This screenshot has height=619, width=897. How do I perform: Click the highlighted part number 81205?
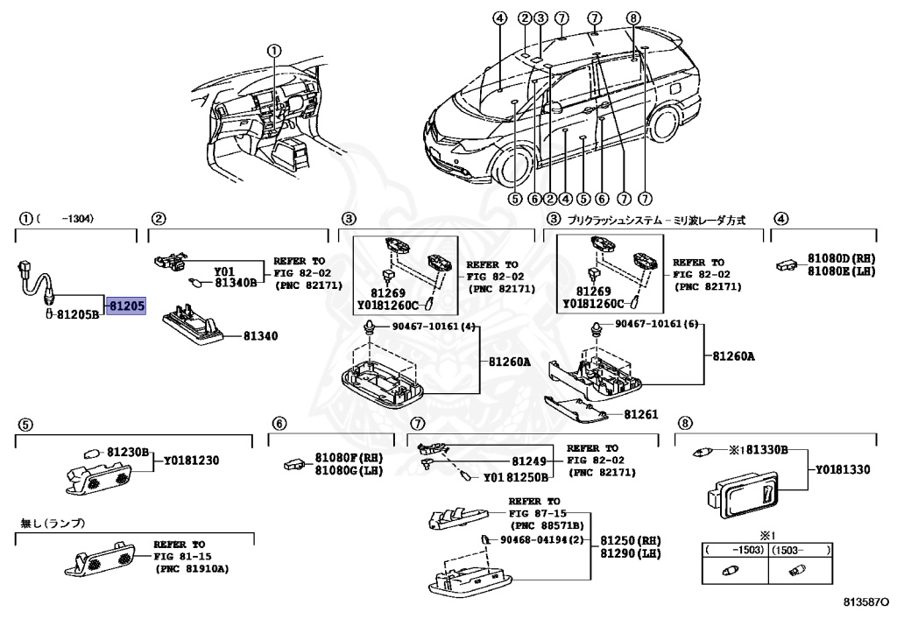coord(127,306)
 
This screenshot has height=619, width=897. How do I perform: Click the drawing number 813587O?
coord(865,603)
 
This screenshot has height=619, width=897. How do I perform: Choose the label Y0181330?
coord(842,469)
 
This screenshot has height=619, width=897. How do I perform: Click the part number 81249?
coord(528,461)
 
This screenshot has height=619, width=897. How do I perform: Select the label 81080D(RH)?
coord(841,258)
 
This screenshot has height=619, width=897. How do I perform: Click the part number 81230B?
coord(129,452)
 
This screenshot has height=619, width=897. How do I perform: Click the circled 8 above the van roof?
coord(634,18)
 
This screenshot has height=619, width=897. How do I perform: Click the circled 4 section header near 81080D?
coord(780,219)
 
